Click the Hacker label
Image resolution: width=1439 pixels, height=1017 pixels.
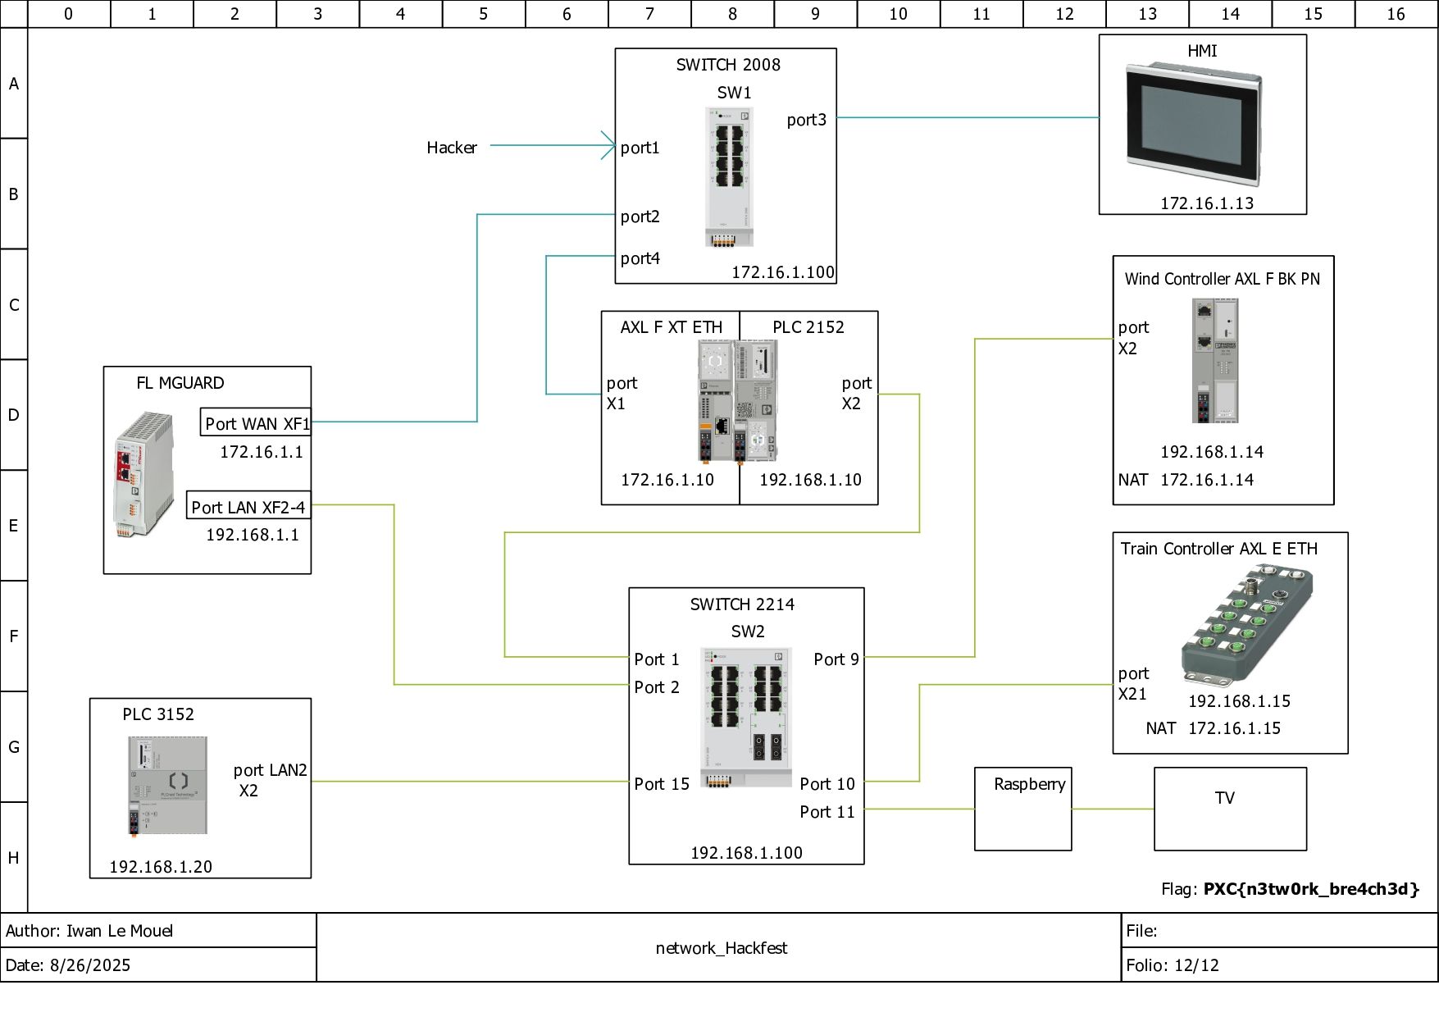point(452,148)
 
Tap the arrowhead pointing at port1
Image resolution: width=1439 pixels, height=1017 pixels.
point(608,146)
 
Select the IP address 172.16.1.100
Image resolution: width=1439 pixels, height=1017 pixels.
point(783,272)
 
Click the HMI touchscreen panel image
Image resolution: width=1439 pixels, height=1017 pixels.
point(1193,123)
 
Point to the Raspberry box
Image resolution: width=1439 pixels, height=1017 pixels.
point(1022,809)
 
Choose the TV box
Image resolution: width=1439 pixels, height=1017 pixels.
point(1230,809)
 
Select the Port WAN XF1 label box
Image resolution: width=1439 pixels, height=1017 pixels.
point(256,422)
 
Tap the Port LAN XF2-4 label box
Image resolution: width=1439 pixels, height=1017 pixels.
point(248,505)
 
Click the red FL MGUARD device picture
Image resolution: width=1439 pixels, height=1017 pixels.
point(144,475)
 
